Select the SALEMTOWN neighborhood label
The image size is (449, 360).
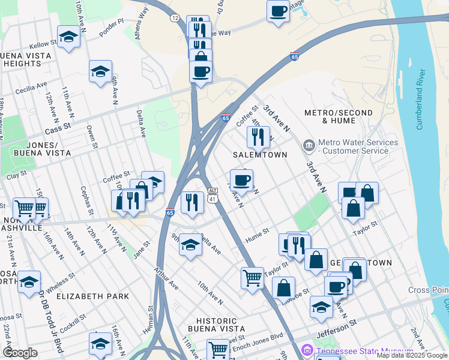click(x=261, y=155)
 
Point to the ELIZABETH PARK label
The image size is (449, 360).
click(x=93, y=296)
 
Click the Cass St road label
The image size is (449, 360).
click(x=58, y=127)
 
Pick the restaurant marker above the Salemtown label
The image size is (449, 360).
click(x=258, y=137)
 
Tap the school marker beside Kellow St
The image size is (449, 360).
click(x=68, y=37)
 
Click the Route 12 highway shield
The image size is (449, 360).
click(x=175, y=19)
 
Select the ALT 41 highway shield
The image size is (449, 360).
click(x=212, y=194)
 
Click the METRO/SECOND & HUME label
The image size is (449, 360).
click(x=330, y=116)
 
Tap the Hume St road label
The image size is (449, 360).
click(x=256, y=234)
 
